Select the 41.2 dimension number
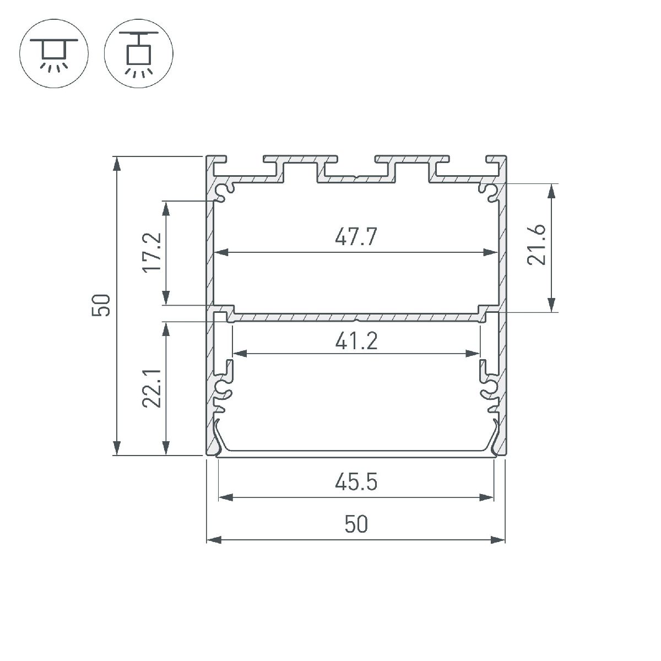pyautogui.click(x=356, y=342)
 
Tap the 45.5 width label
pyautogui.click(x=356, y=483)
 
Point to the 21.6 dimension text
pyautogui.click(x=536, y=245)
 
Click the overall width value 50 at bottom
pyautogui.click(x=356, y=524)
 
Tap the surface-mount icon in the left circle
pyautogui.click(x=53, y=56)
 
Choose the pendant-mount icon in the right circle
pyautogui.click(x=138, y=56)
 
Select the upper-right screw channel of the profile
pyautogui.click(x=488, y=191)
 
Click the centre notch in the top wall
pyautogui.click(x=356, y=178)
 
